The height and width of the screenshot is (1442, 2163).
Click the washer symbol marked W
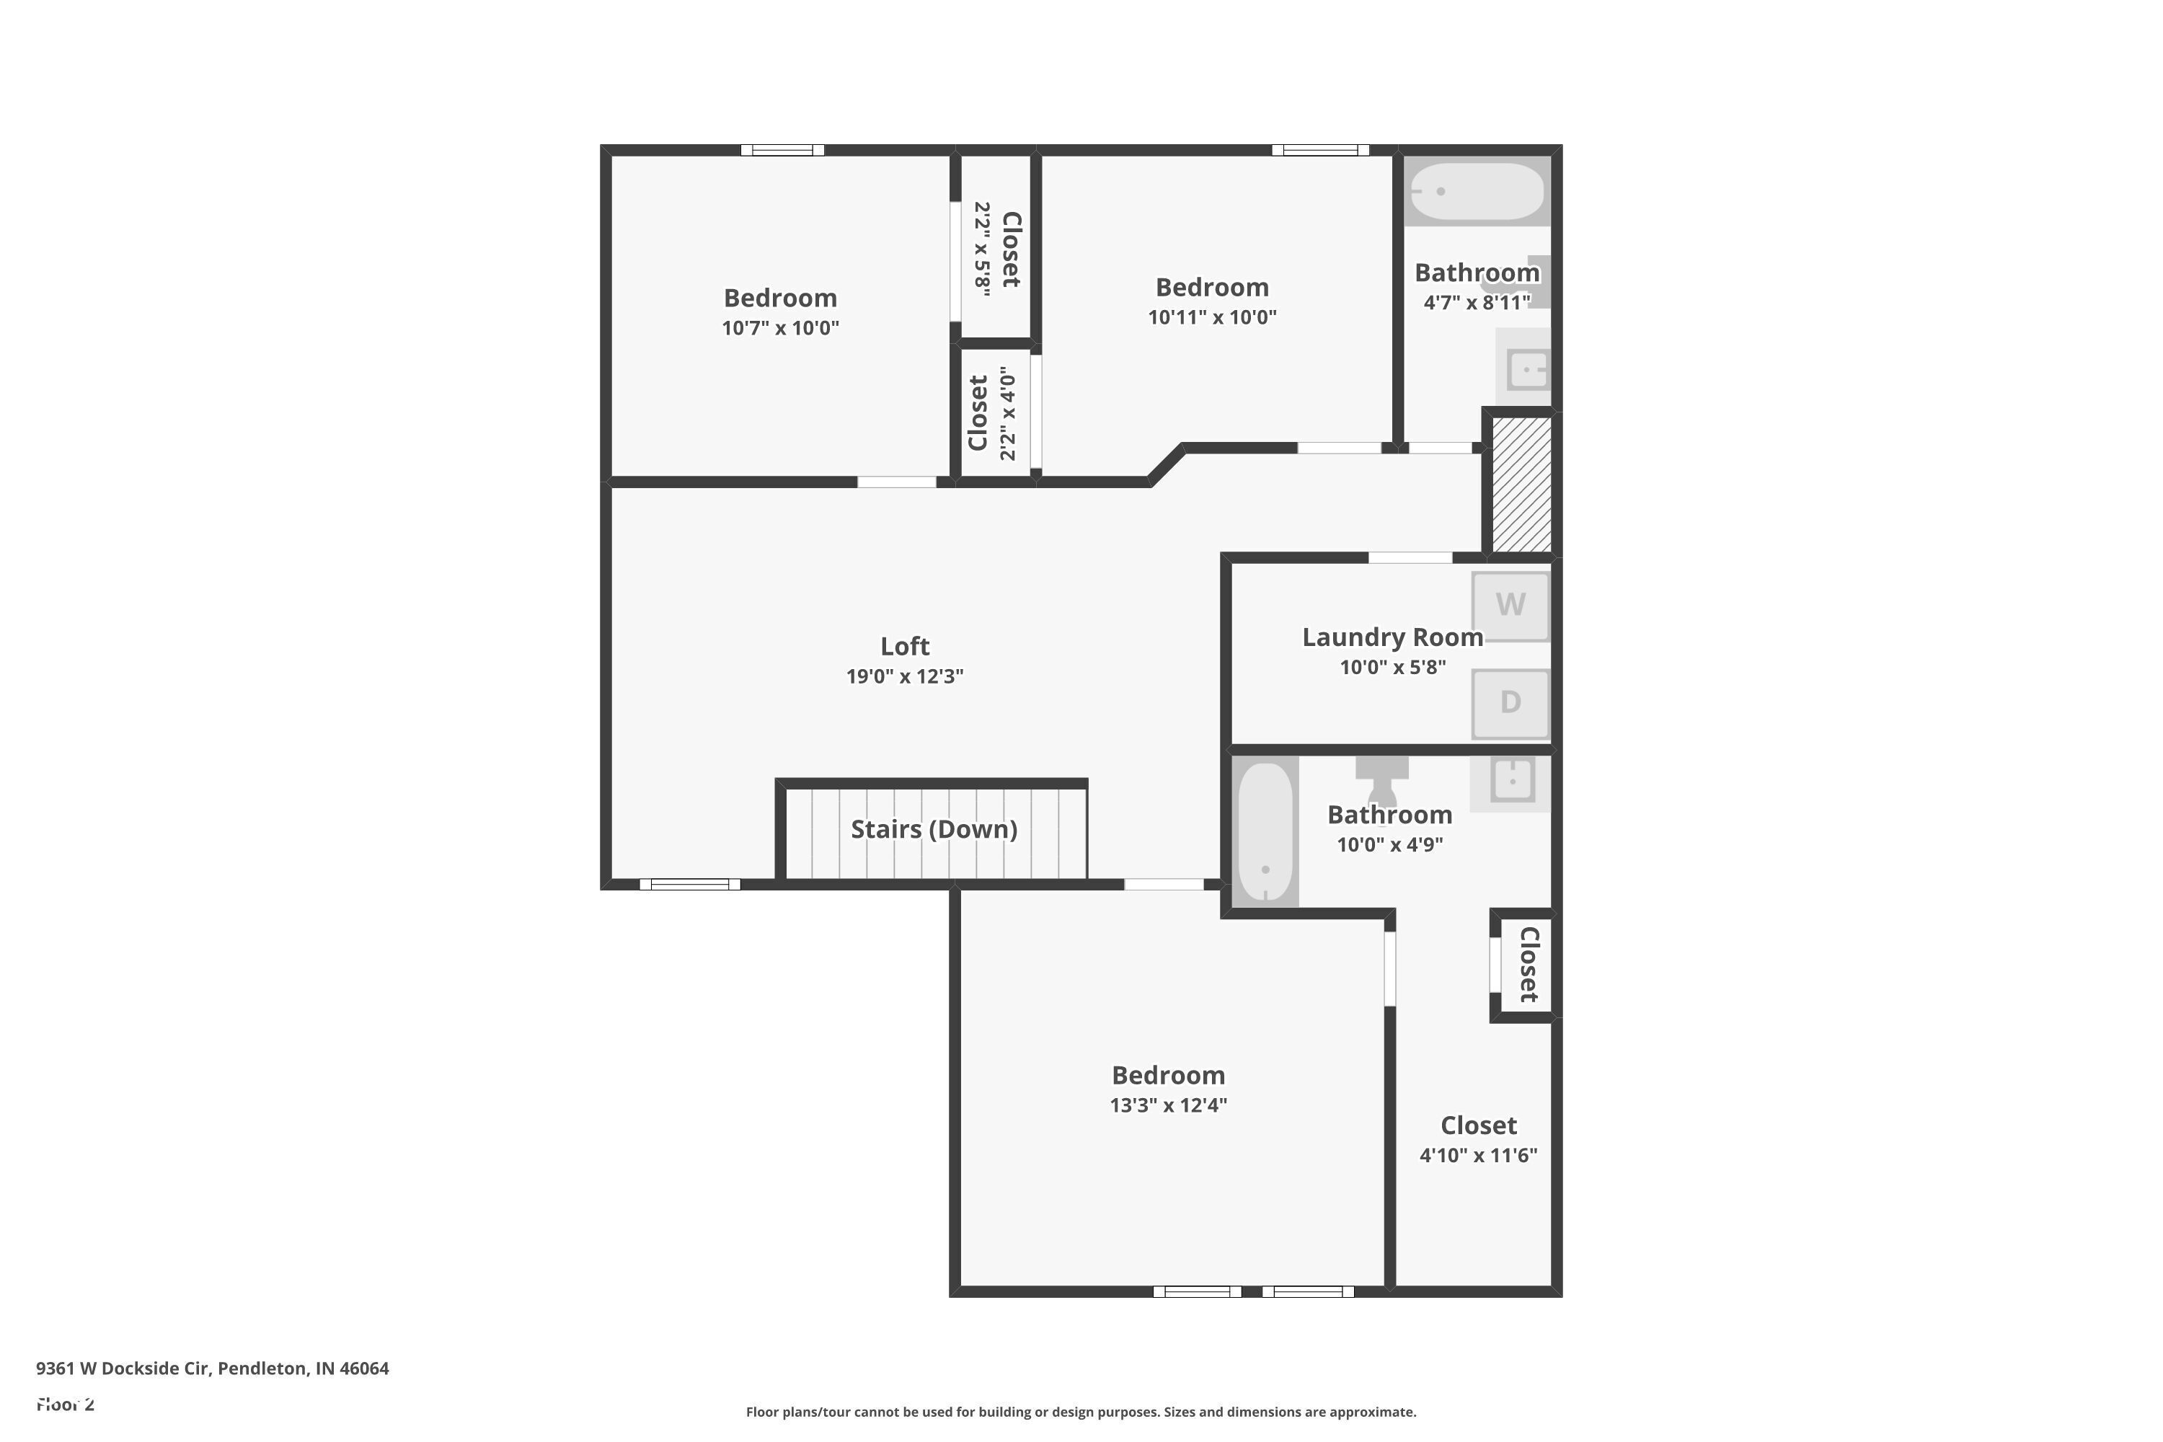1510,606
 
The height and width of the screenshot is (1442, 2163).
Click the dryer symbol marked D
1510,704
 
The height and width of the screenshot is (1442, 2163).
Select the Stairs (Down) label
934,830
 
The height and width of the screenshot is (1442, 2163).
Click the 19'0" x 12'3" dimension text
905,677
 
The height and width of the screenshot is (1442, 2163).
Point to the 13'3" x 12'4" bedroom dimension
1168,1105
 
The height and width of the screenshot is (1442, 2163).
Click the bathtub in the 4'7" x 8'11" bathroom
1477,191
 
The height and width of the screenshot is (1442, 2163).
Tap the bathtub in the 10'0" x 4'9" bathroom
1265,832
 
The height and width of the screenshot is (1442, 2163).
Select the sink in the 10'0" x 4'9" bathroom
1512,781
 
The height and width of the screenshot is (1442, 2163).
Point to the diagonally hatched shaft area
1521,485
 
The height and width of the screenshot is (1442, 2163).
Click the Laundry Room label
1392,637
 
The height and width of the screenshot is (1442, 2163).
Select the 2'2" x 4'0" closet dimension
1008,414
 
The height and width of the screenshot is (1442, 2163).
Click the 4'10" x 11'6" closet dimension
1478,1156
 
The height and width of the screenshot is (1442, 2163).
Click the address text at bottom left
213,1368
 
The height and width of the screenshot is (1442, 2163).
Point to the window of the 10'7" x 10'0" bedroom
782,150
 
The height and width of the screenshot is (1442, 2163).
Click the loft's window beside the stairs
690,885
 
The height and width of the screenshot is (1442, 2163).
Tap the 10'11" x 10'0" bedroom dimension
1212,317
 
